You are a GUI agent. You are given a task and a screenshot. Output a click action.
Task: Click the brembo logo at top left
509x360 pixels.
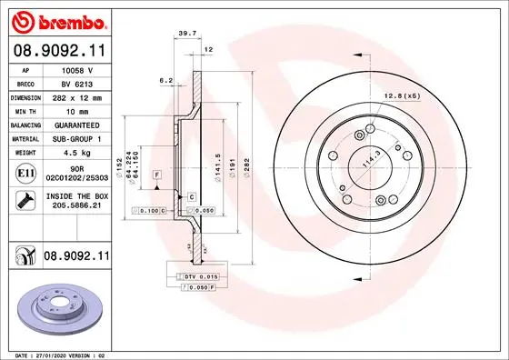tap(59, 20)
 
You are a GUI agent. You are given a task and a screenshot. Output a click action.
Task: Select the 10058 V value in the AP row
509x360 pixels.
tap(76, 68)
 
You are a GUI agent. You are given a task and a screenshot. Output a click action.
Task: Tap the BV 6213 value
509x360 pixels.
tap(76, 82)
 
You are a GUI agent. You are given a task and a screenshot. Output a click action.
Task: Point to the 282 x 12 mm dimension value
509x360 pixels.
tap(76, 95)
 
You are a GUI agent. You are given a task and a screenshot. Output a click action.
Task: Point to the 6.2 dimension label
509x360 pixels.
tap(165, 80)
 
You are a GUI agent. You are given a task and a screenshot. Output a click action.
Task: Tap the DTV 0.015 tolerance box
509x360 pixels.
tap(196, 276)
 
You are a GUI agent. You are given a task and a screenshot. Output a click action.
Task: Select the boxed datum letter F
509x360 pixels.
tap(157, 173)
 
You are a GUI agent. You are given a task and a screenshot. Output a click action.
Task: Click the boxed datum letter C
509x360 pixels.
tap(192, 195)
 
